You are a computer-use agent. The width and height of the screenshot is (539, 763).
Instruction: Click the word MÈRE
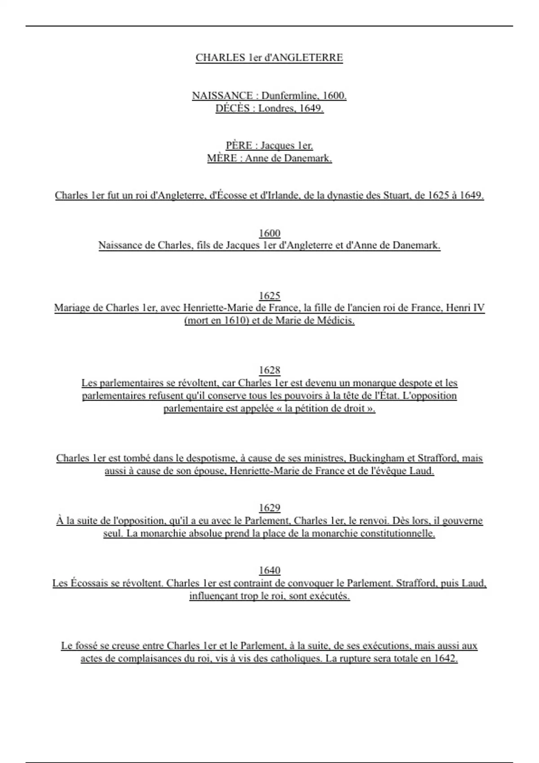point(222,158)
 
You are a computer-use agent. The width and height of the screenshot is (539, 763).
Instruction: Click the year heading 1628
point(269,370)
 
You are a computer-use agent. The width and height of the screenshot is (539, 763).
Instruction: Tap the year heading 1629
point(269,508)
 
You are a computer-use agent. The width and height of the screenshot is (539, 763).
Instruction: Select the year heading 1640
point(269,570)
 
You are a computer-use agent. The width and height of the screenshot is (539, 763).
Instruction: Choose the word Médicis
point(336,320)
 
